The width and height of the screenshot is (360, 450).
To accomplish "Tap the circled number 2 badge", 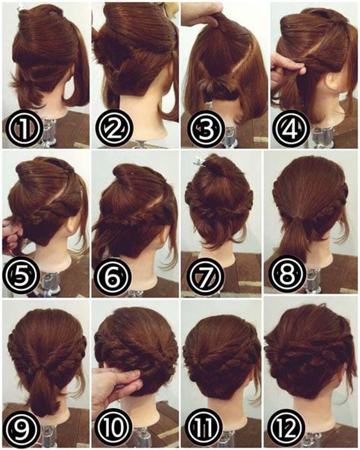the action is pyautogui.click(x=113, y=129).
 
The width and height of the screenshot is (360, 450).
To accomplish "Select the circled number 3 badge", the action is pyautogui.click(x=206, y=129).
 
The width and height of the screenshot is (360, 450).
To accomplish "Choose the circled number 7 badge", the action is pyautogui.click(x=206, y=277).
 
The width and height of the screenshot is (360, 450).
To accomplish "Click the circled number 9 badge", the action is pyautogui.click(x=22, y=430).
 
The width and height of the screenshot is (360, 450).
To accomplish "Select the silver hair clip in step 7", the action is pyautogui.click(x=200, y=162).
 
